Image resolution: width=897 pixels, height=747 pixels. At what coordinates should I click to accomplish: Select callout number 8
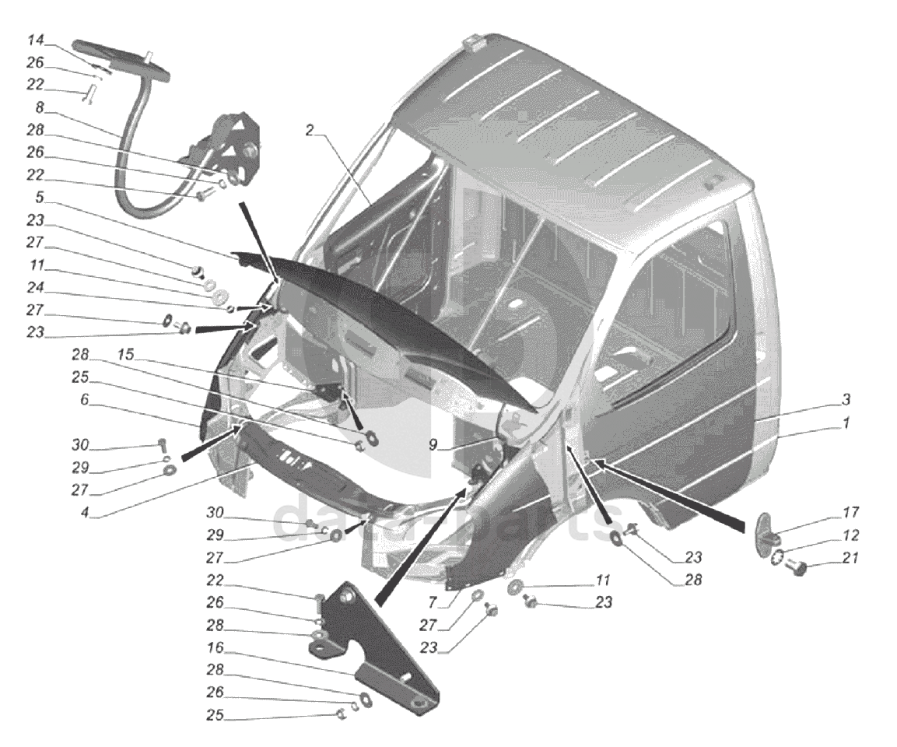(40, 107)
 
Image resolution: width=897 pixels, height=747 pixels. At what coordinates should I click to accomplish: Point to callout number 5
(38, 197)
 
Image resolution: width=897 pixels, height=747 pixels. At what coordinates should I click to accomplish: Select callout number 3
(846, 400)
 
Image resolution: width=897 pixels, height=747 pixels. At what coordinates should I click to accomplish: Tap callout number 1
(846, 423)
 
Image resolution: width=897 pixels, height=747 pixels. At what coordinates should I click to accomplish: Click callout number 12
(850, 536)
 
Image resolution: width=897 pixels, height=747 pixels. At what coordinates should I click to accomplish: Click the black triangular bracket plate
(381, 654)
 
